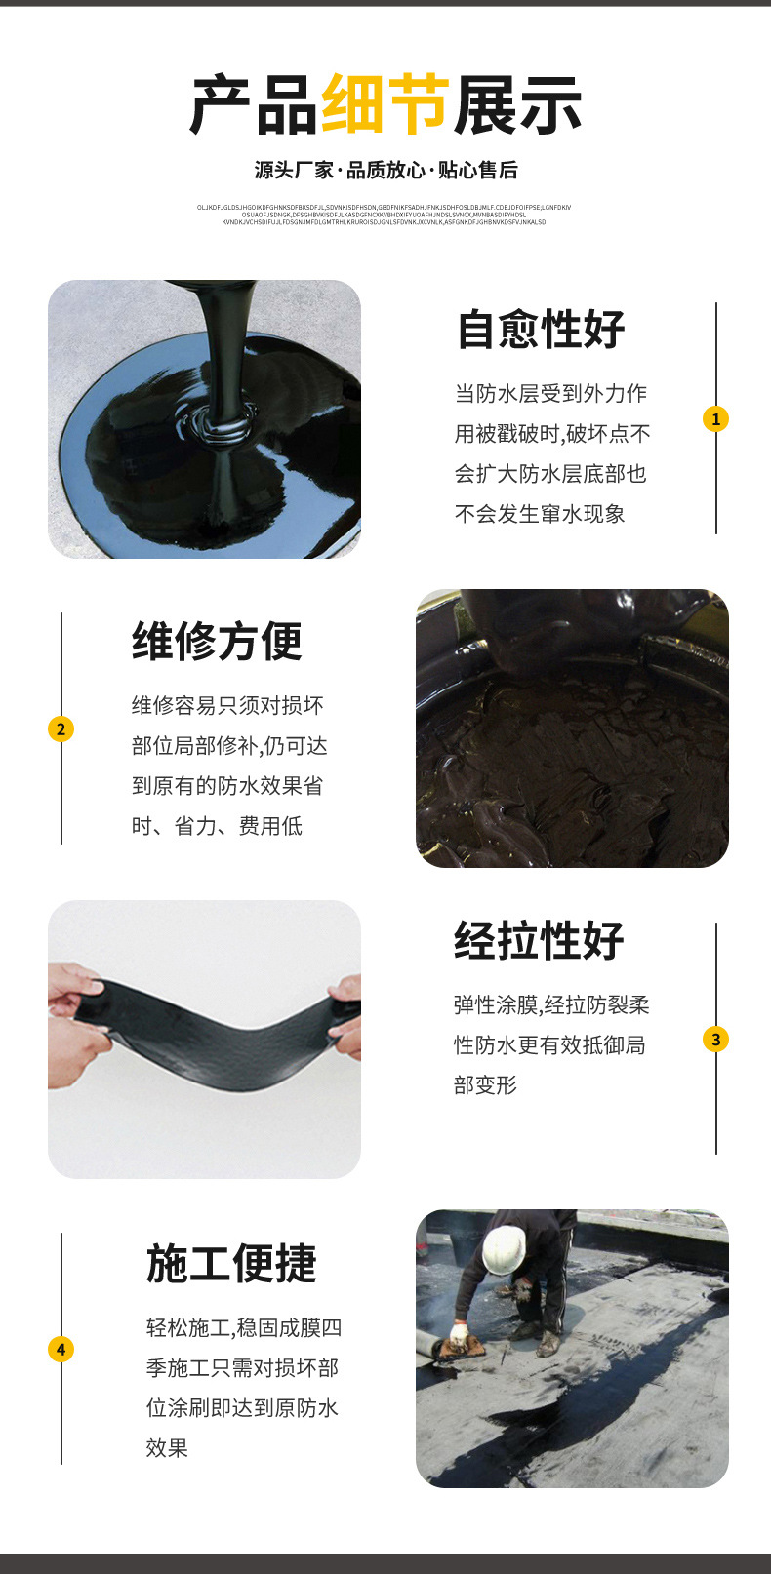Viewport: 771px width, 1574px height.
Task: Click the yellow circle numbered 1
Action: pos(715,418)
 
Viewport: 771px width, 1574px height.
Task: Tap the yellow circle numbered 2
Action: pos(61,728)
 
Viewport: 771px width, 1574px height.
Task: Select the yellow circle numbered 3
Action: pos(715,1039)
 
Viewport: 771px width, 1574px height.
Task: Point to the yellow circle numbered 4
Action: pos(61,1349)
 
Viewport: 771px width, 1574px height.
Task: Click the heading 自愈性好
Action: pos(541,329)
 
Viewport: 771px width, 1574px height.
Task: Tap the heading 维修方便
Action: pos(217,641)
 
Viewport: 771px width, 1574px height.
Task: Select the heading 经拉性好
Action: pos(539,940)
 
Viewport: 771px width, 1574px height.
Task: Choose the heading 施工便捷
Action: pos(231,1263)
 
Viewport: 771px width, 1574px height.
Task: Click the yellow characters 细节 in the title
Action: pos(385,104)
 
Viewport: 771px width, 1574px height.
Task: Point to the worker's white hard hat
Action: pos(505,1248)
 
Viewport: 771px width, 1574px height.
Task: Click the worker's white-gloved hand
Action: pos(459,1331)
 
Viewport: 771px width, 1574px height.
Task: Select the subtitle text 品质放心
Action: pos(385,171)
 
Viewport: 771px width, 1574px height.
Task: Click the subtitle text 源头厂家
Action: pos(294,171)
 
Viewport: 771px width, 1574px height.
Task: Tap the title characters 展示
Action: pos(517,104)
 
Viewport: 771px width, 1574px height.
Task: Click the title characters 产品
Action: pos(253,104)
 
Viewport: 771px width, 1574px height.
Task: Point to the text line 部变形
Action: pos(485,1085)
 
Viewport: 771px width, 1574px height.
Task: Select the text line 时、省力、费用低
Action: pos(217,826)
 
